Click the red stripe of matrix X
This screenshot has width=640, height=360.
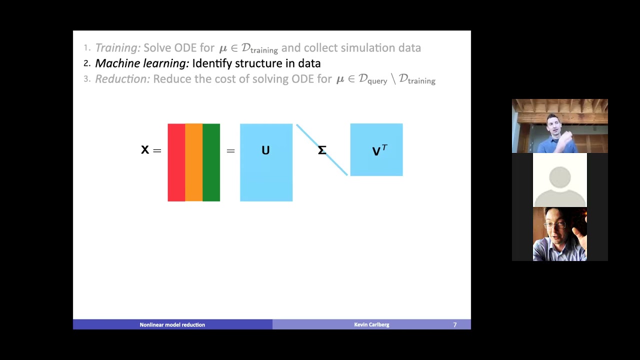[x=176, y=162]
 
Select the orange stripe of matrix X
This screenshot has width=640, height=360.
[x=193, y=162]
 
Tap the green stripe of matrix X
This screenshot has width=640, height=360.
[x=211, y=162]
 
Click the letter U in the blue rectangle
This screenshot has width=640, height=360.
[x=265, y=150]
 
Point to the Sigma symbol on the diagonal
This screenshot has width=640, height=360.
[x=322, y=150]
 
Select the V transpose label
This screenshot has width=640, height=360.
[x=379, y=150]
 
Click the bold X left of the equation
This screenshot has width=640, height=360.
[x=145, y=150]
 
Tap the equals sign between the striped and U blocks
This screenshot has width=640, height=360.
[x=230, y=150]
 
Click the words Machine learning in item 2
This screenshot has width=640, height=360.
[x=142, y=63]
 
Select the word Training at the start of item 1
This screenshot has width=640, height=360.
[x=117, y=48]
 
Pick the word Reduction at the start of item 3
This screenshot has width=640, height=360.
[x=122, y=79]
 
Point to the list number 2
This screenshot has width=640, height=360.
[x=86, y=63]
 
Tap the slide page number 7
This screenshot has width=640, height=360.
[x=455, y=325]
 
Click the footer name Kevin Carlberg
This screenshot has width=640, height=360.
[x=371, y=325]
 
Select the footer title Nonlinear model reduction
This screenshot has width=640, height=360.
[x=172, y=325]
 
